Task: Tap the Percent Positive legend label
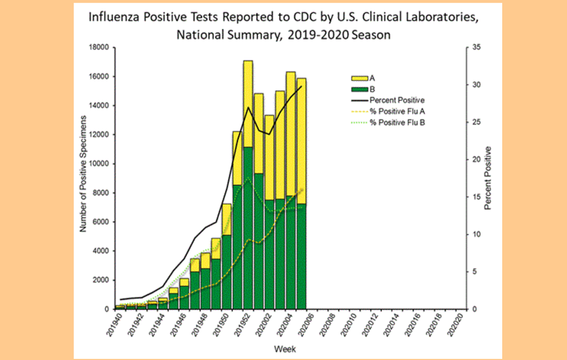[x=397, y=100]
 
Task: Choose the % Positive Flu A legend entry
[x=395, y=111]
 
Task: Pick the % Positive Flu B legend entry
[x=395, y=121]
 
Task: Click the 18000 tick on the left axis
[x=100, y=48]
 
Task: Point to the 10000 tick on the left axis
[x=100, y=164]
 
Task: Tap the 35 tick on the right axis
[x=469, y=48]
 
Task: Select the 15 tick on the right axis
[x=469, y=197]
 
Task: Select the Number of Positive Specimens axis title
[x=84, y=174]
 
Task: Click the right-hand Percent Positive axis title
[x=488, y=178]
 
